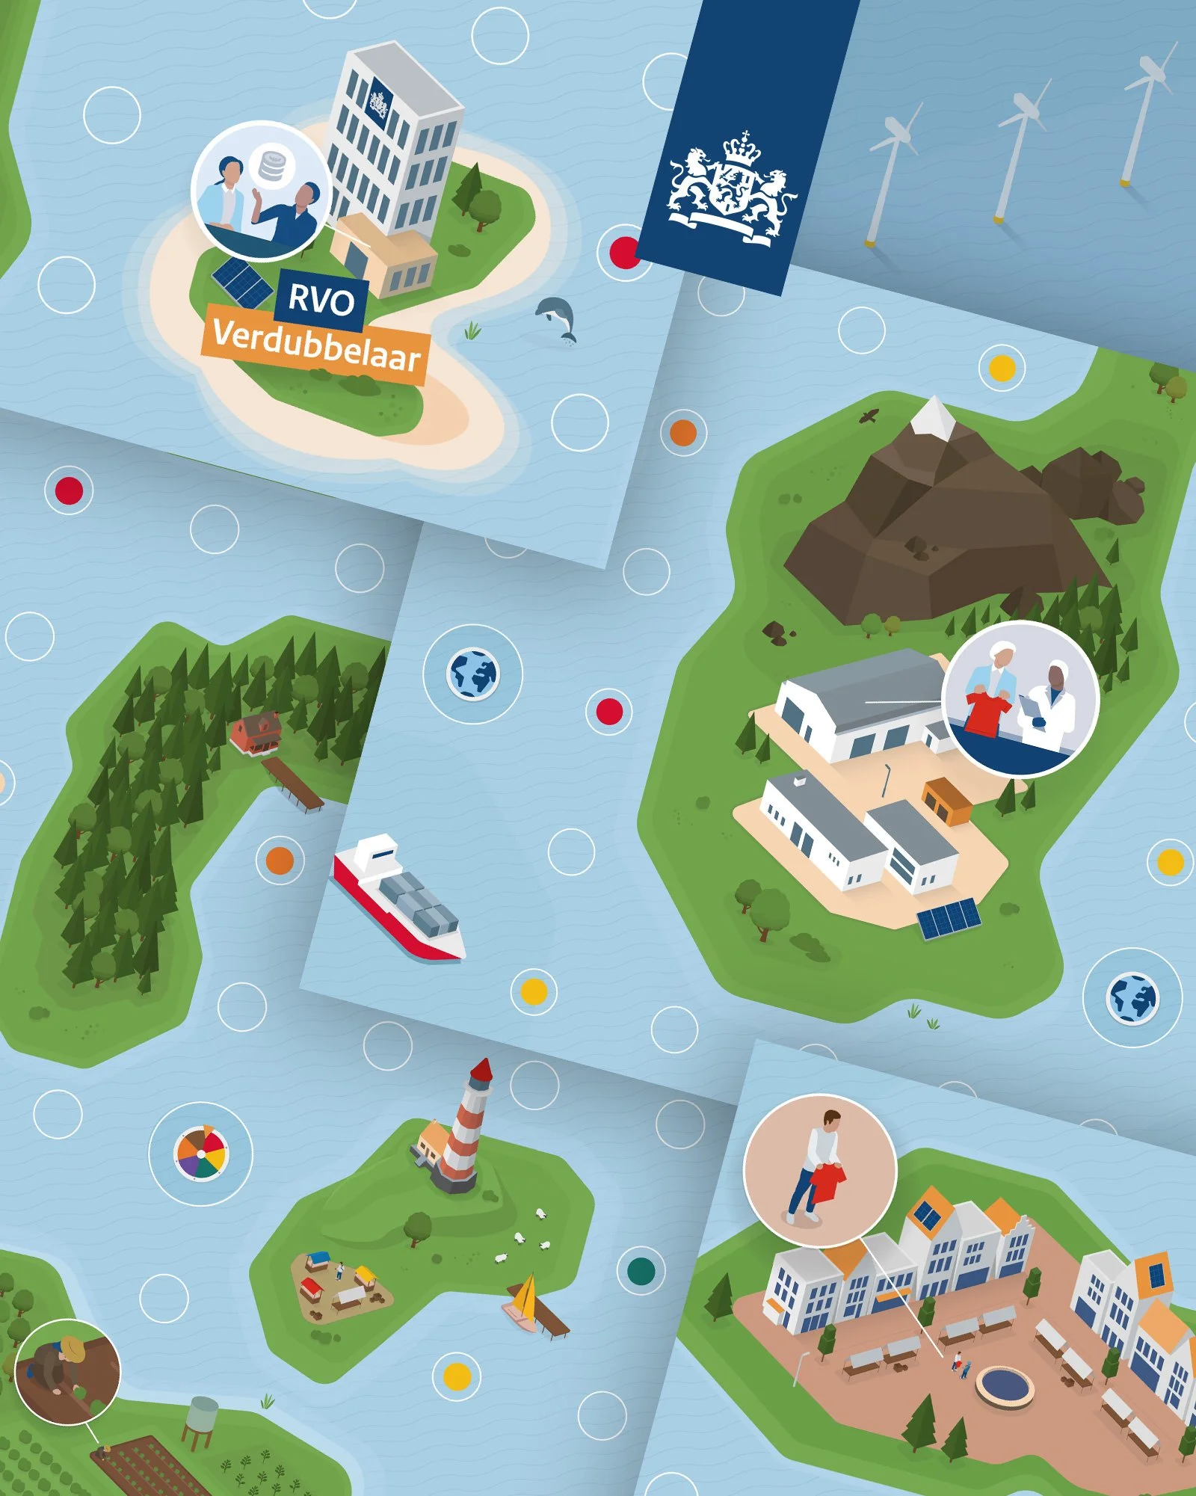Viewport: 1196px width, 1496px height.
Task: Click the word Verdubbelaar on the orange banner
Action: pyautogui.click(x=317, y=345)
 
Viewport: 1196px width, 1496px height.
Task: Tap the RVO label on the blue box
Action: pyautogui.click(x=321, y=300)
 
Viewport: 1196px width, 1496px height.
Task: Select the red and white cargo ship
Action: pyautogui.click(x=398, y=896)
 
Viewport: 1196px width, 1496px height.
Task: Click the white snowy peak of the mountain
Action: pyautogui.click(x=933, y=418)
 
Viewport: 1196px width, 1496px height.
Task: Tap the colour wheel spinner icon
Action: pyautogui.click(x=200, y=1154)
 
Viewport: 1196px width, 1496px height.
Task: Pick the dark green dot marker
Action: pyautogui.click(x=641, y=1270)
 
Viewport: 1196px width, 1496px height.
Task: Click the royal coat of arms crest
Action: pyautogui.click(x=731, y=187)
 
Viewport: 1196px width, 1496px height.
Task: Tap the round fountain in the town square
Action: pyautogui.click(x=1005, y=1385)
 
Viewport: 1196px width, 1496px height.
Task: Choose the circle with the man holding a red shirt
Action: pyautogui.click(x=820, y=1171)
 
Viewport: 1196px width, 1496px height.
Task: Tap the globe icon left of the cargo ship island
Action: pyautogui.click(x=472, y=674)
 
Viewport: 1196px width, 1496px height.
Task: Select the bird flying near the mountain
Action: pyautogui.click(x=869, y=416)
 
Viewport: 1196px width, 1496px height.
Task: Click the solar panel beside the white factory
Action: pyautogui.click(x=949, y=917)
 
